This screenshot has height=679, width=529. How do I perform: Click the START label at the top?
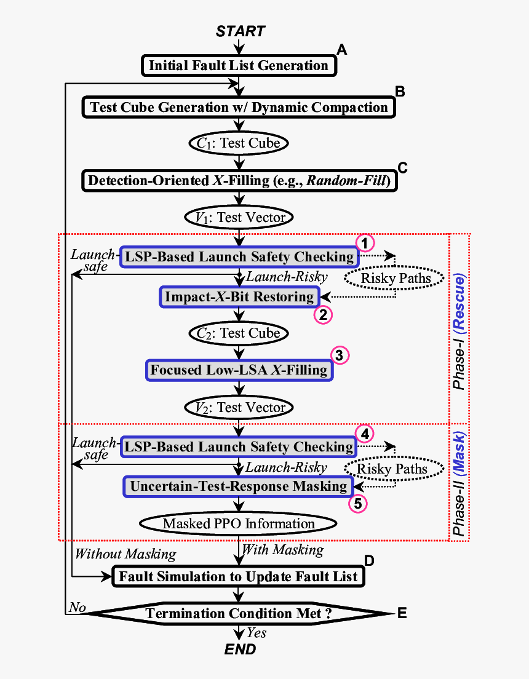click(241, 31)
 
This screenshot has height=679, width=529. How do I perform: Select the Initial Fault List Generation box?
click(239, 65)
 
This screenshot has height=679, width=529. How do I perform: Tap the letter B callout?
click(400, 92)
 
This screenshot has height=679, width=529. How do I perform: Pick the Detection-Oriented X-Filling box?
click(239, 181)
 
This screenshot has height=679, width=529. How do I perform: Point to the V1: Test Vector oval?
click(239, 217)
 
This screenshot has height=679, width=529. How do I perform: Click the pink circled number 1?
click(365, 242)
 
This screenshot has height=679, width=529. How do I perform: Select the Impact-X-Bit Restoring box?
click(239, 296)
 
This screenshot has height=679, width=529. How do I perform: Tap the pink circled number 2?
click(323, 315)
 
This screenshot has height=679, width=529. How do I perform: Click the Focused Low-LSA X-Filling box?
click(239, 370)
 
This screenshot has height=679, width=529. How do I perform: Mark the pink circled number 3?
click(340, 355)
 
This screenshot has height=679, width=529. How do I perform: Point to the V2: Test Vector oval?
click(239, 407)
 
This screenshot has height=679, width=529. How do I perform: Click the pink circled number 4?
click(365, 433)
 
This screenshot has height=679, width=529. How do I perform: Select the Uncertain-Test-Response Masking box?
click(239, 486)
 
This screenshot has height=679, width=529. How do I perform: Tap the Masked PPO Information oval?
click(239, 524)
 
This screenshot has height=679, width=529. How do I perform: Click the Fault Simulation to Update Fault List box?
click(238, 577)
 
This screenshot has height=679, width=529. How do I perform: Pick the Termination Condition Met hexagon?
click(238, 613)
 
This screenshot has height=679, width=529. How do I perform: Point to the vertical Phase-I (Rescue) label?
click(459, 332)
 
